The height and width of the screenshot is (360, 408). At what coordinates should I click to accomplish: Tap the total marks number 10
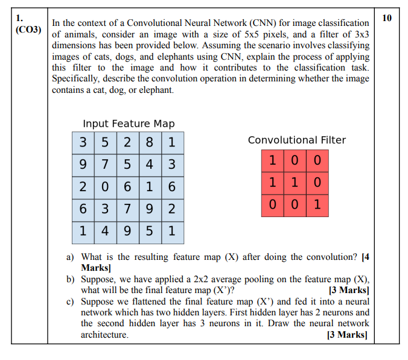click(387, 17)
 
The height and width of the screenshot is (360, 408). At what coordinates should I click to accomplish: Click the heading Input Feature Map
click(129, 124)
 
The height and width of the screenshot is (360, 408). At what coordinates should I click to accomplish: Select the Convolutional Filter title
click(297, 140)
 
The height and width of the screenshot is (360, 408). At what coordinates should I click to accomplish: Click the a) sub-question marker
click(70, 257)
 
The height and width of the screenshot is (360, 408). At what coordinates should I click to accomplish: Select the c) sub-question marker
click(70, 301)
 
